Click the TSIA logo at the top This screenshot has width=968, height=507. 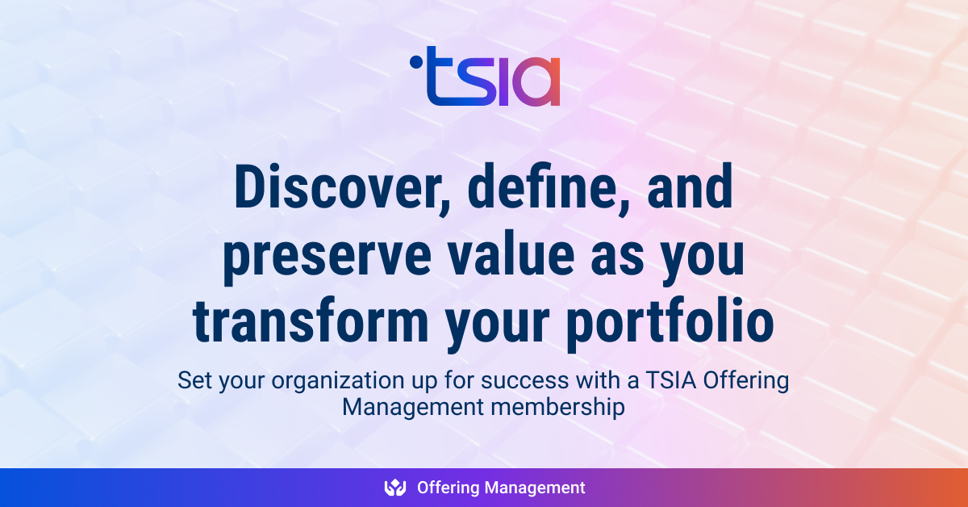(485, 77)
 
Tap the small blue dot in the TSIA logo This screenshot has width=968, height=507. (415, 60)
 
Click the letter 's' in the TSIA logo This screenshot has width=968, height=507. (469, 84)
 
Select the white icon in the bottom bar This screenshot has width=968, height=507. (395, 488)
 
